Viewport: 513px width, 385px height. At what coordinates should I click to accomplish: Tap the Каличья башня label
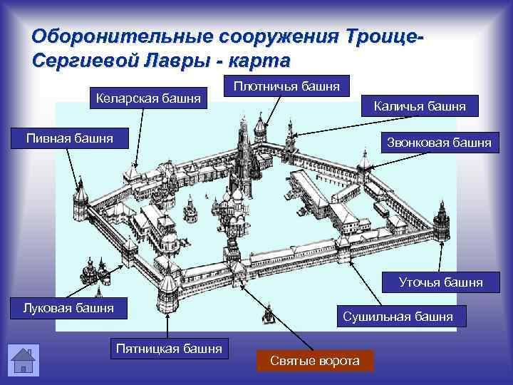420,106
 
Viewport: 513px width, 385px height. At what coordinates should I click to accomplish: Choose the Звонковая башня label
439,142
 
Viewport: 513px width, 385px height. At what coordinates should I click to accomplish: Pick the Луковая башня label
68,308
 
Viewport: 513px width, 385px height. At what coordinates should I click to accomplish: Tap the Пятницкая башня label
169,349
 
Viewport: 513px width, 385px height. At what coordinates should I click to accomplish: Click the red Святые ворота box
315,361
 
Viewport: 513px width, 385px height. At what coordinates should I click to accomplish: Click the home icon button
23,360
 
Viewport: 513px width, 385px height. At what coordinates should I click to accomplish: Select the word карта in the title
259,58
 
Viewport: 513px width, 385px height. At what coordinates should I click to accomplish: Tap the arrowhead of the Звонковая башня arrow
365,168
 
